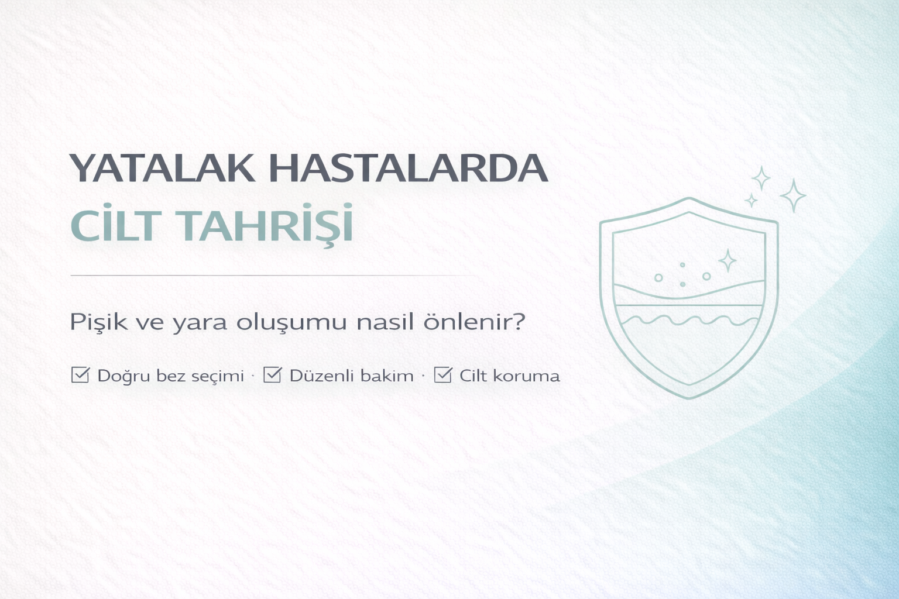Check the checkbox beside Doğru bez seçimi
[80, 374]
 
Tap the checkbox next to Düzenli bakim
[272, 374]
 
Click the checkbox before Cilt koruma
[442, 374]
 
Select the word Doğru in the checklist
[121, 376]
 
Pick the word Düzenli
[318, 376]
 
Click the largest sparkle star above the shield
[793, 196]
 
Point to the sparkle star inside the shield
[727, 260]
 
